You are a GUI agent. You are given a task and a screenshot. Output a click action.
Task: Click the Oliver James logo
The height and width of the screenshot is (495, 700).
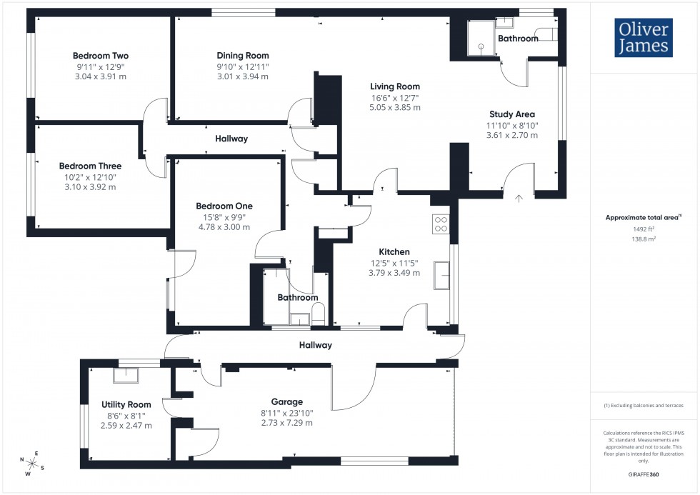[x=643, y=38]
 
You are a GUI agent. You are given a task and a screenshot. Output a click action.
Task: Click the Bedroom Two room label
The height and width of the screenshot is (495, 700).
[x=101, y=56]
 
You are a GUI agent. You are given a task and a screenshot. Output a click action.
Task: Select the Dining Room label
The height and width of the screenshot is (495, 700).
[x=243, y=56]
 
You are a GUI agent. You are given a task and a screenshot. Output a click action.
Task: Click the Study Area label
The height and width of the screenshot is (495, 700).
[x=511, y=114]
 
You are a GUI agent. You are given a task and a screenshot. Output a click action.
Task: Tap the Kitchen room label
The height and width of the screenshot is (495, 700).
[x=394, y=251]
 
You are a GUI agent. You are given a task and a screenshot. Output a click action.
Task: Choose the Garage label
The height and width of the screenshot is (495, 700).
[x=287, y=401]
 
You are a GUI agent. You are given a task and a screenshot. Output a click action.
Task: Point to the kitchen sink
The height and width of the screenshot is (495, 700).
[x=442, y=275]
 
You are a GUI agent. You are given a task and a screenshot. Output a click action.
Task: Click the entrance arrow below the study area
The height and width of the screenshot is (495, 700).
[x=519, y=198]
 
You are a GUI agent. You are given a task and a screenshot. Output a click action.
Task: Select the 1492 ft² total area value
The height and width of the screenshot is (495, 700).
[x=644, y=229]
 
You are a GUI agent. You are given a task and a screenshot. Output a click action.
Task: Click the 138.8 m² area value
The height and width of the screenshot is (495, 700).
[x=644, y=239]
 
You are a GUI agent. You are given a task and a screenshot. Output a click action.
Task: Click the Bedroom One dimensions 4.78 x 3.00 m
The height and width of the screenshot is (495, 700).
[x=224, y=227]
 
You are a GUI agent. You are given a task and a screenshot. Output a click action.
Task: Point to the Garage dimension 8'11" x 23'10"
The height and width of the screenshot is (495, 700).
[x=287, y=413]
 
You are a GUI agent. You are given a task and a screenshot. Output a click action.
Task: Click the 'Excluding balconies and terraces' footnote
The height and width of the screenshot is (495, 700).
[x=644, y=405]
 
